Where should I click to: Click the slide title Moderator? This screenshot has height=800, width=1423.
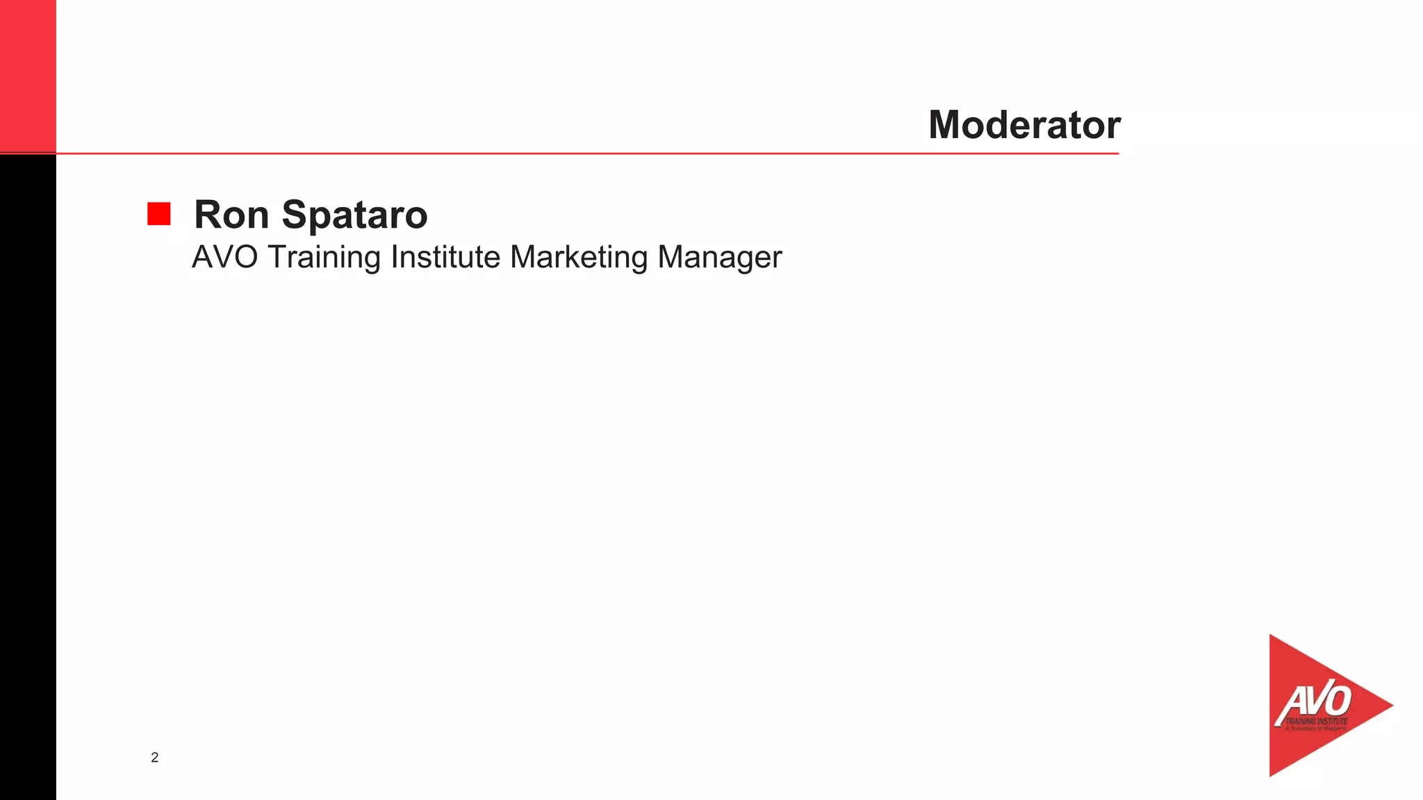[x=1024, y=125]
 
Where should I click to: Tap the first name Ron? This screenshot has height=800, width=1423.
[x=231, y=215]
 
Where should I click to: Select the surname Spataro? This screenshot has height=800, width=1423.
[x=354, y=216]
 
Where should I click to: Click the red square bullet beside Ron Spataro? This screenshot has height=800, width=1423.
[x=159, y=214]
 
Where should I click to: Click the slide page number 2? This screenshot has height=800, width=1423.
[x=155, y=758]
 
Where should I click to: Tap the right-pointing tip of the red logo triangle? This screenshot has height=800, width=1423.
[x=1390, y=706]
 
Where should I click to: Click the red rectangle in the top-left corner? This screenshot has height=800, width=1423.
[x=28, y=75]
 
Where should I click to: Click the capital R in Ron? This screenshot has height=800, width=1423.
[x=208, y=215]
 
